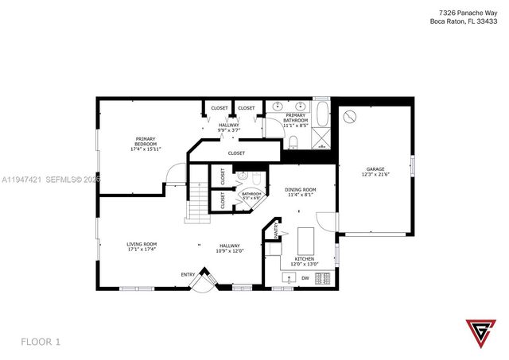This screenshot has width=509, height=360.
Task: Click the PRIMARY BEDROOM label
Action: click(145, 139)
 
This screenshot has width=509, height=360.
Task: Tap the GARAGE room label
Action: click(375, 168)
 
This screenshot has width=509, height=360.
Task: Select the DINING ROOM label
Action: click(301, 189)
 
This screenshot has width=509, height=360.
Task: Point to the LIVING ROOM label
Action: click(142, 244)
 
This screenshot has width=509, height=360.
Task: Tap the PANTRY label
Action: click(277, 231)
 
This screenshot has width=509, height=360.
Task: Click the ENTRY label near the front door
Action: click(188, 275)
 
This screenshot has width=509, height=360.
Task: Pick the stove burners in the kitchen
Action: click(323, 278)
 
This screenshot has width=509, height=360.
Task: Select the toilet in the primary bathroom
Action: click(293, 141)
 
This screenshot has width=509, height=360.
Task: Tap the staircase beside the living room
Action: click(197, 202)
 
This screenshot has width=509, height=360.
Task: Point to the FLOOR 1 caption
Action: click(40, 342)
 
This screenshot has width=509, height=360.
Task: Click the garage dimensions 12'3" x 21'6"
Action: click(375, 174)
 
